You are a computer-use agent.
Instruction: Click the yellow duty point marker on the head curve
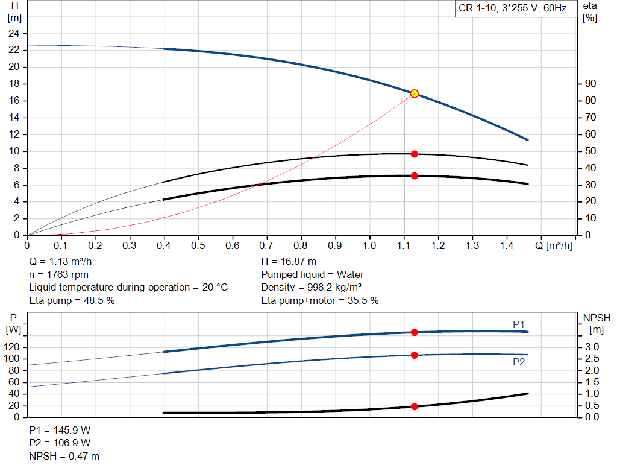tap(415, 93)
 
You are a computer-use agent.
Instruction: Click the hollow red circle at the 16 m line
tap(404, 101)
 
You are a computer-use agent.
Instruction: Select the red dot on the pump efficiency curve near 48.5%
tap(415, 154)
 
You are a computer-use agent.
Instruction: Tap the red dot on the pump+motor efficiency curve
tap(415, 175)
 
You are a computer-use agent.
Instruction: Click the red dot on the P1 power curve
tap(415, 332)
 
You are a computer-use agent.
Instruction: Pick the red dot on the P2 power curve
tap(415, 355)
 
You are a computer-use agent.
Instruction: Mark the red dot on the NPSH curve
tap(415, 406)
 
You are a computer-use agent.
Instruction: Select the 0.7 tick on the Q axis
tap(266, 246)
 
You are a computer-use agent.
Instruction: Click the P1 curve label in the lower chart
tap(519, 324)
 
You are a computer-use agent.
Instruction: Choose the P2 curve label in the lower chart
tap(519, 362)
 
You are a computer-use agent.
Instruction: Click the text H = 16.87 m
tap(289, 262)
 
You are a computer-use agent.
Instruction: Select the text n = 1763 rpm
tap(59, 274)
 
